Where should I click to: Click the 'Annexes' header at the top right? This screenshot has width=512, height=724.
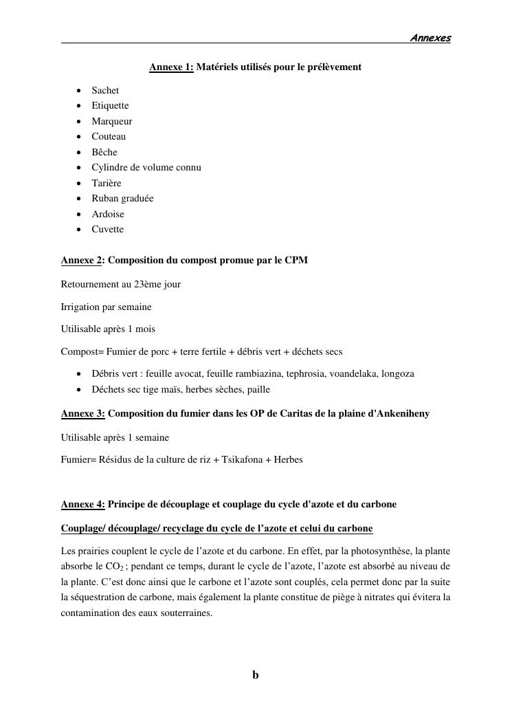[430, 39]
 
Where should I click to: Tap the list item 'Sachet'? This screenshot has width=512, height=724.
[105, 90]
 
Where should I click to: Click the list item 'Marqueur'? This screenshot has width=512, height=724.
[112, 121]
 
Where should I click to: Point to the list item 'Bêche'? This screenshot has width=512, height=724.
[104, 152]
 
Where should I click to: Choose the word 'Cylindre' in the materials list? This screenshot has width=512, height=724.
[110, 167]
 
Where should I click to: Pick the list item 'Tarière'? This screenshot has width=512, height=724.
[107, 183]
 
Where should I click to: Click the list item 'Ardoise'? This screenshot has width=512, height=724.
[108, 214]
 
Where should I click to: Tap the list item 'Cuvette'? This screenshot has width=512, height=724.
[108, 229]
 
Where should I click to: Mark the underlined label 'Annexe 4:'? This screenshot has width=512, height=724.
[82, 504]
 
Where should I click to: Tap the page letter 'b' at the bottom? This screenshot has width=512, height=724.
[256, 675]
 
